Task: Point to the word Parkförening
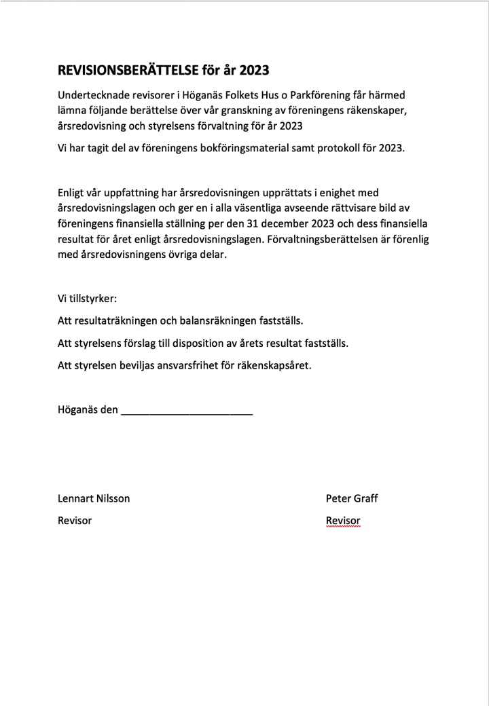click(319, 96)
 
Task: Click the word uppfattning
click(128, 193)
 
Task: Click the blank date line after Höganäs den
click(187, 411)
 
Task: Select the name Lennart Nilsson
click(94, 498)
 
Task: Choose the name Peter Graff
click(352, 498)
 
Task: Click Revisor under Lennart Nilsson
click(75, 521)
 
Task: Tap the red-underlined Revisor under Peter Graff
click(343, 521)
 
